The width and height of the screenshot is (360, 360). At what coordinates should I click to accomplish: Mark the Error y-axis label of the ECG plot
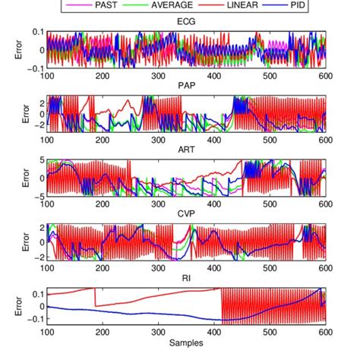(x=8, y=51)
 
